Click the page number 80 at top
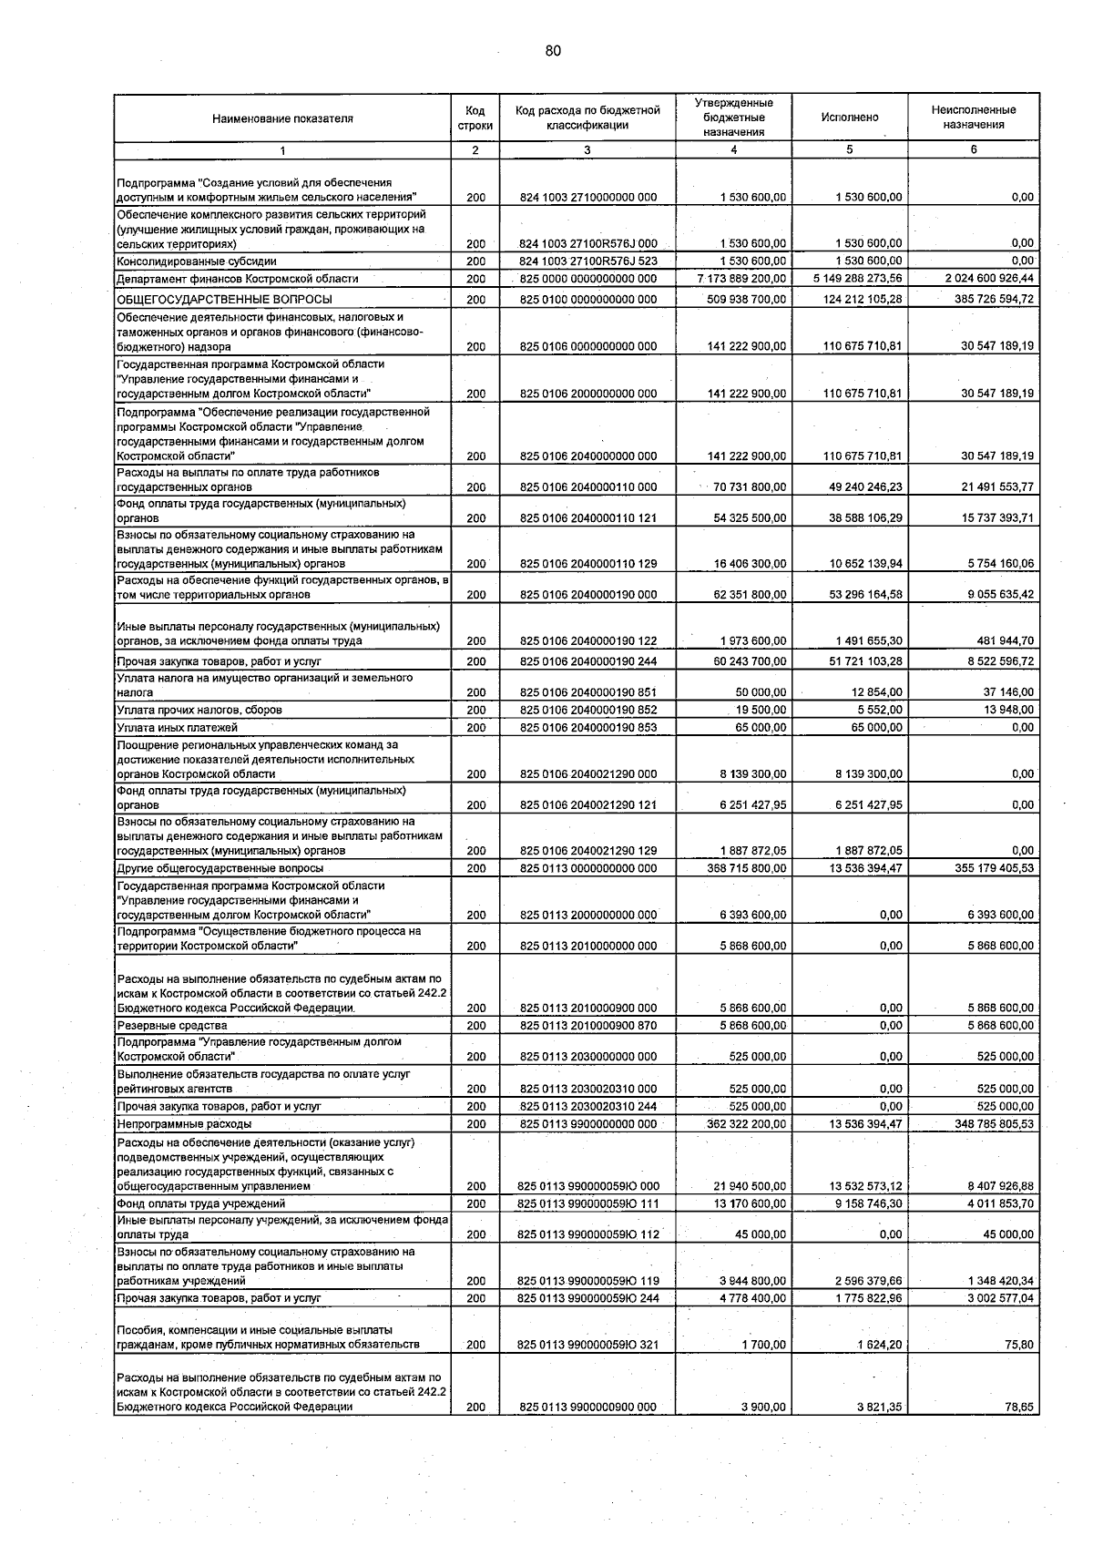[x=553, y=51]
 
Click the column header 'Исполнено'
[x=849, y=118]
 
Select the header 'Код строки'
[x=475, y=118]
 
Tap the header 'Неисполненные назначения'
[x=973, y=118]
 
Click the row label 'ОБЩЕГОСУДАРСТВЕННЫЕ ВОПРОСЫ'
[x=224, y=300]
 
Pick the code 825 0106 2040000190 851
[x=587, y=692]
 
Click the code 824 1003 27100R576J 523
[x=587, y=261]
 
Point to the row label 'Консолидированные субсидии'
[x=184, y=261]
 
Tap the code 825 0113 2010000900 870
[x=587, y=1026]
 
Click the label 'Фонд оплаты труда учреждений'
[x=188, y=1203]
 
